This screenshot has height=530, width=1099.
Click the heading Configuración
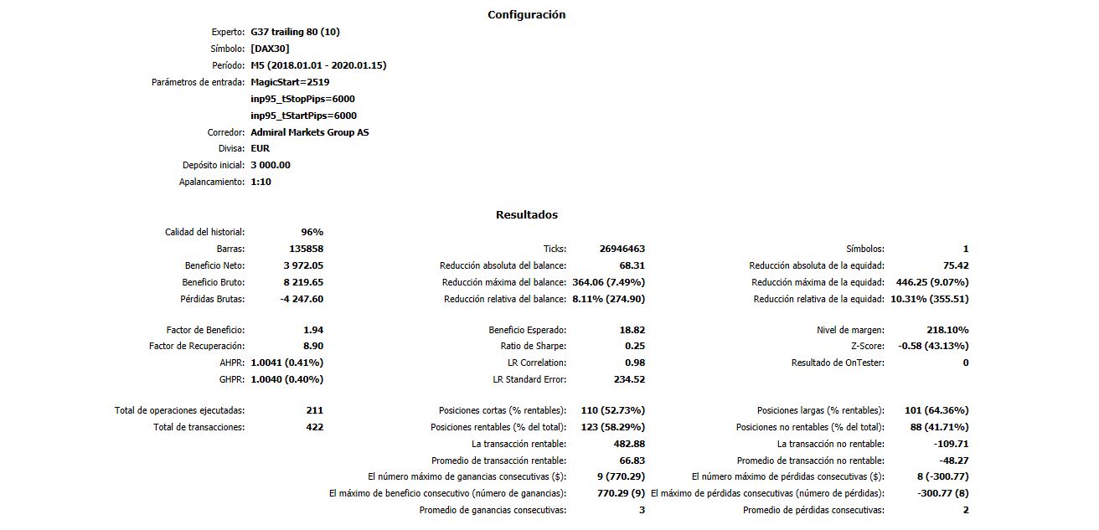click(526, 14)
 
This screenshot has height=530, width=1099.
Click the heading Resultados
click(526, 214)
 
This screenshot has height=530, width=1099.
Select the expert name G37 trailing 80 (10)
click(295, 32)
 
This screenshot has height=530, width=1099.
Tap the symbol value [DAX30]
click(270, 49)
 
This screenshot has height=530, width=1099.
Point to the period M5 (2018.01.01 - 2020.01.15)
click(318, 65)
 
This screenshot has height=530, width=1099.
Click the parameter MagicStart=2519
click(290, 82)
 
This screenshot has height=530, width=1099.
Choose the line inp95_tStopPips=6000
click(303, 99)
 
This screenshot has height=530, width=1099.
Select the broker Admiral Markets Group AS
click(309, 132)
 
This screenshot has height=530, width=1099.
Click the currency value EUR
click(260, 148)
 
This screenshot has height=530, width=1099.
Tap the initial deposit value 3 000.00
click(271, 165)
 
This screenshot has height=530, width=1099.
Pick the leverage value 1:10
click(261, 182)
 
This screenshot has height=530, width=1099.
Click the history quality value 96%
click(312, 232)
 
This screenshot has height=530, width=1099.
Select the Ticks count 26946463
click(622, 249)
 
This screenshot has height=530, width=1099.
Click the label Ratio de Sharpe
click(534, 346)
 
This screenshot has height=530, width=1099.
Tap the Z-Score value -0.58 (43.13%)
click(933, 346)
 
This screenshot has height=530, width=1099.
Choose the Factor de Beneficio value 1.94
click(313, 330)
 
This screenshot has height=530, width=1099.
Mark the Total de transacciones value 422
click(314, 427)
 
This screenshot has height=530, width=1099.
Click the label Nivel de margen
click(850, 330)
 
